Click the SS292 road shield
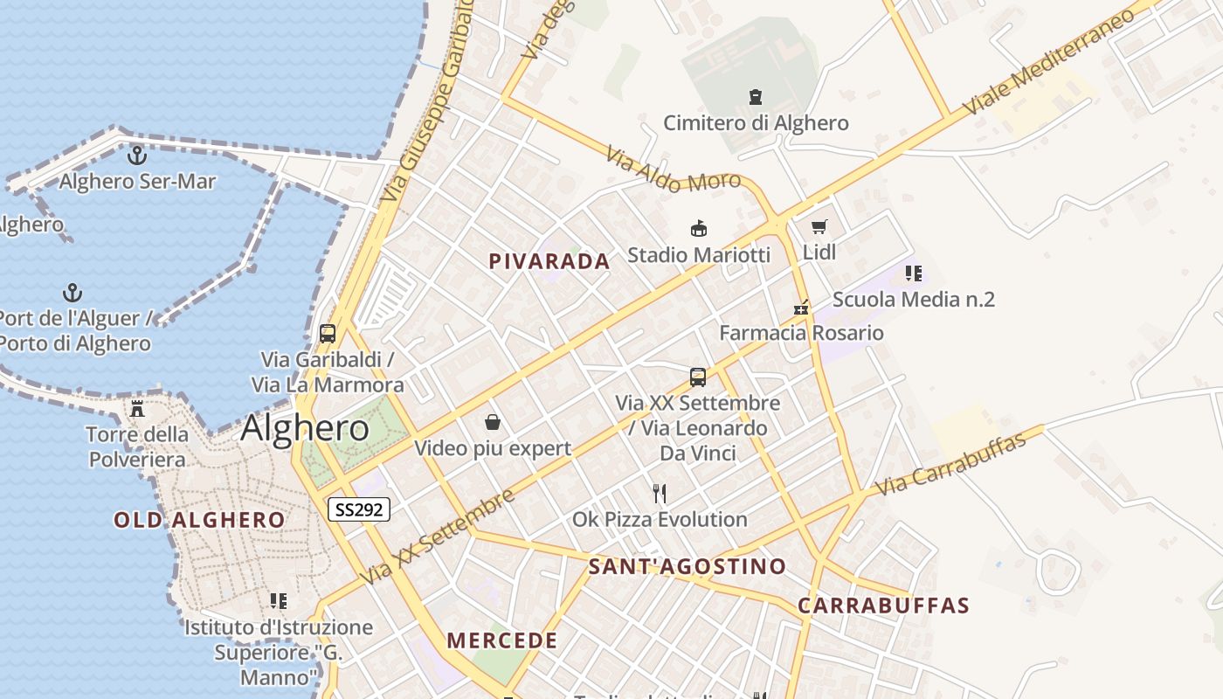tap(358, 509)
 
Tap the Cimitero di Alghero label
tap(756, 123)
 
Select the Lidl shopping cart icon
tap(819, 227)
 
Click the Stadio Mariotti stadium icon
tap(699, 229)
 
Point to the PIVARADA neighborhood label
tap(549, 261)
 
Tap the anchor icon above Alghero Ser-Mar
tap(136, 156)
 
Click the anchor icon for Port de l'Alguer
tap(73, 292)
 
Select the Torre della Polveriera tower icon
tap(137, 408)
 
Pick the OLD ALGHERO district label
tap(199, 520)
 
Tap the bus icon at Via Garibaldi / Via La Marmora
tap(328, 333)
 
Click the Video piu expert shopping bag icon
tap(493, 423)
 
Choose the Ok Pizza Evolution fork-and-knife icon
tap(660, 494)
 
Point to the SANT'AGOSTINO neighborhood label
tap(687, 566)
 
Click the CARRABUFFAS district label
tap(883, 606)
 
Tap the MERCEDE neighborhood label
tap(502, 640)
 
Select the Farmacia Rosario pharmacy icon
tap(801, 308)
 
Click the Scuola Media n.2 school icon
tap(914, 273)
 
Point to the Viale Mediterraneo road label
tap(1048, 59)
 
